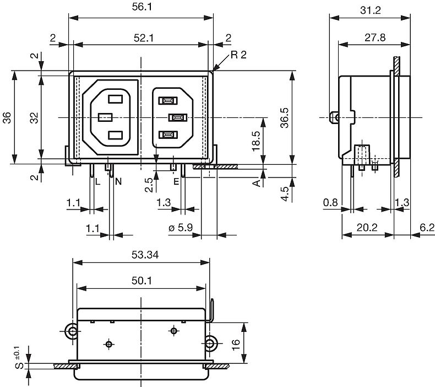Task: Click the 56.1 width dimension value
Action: tap(142, 7)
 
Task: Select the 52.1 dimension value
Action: tap(144, 38)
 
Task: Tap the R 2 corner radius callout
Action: tap(238, 55)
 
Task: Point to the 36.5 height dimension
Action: tap(284, 118)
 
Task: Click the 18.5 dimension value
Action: tap(256, 141)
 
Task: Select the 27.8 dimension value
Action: tap(375, 37)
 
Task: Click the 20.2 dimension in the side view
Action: tap(367, 228)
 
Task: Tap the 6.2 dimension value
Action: tap(427, 228)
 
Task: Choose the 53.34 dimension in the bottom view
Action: tap(145, 255)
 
